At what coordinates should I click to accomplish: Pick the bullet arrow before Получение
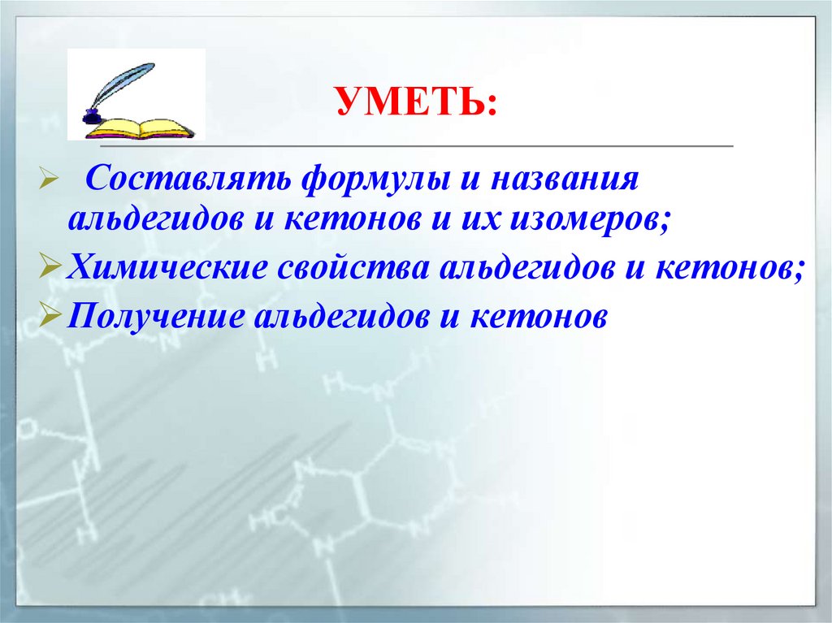click(x=48, y=315)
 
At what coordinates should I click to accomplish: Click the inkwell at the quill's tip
click(x=92, y=112)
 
